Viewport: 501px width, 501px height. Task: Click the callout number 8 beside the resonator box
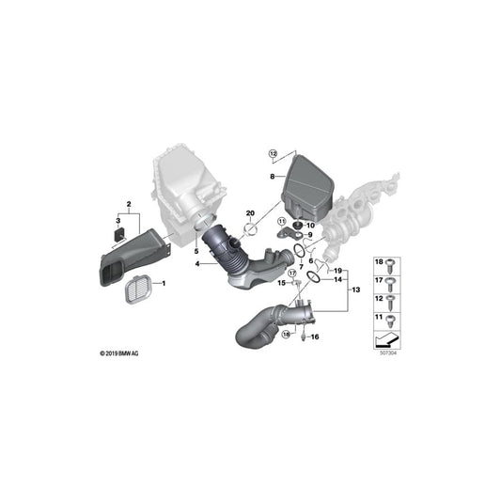point(272,176)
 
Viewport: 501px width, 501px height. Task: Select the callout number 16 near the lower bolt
point(315,337)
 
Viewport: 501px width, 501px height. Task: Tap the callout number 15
point(280,283)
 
